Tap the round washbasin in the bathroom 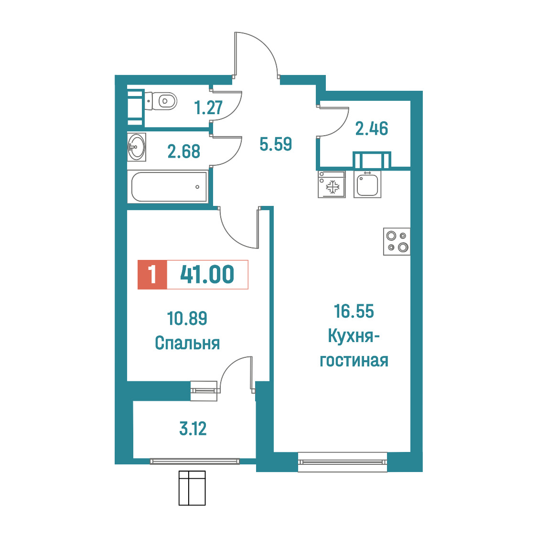[136, 147]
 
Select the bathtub [169, 187]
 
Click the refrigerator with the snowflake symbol [332, 184]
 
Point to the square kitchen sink [367, 184]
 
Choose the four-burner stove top [397, 241]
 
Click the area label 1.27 [208, 107]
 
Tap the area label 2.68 [184, 151]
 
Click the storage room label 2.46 [372, 129]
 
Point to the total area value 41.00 [207, 274]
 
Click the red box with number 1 [152, 275]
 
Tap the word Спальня [187, 343]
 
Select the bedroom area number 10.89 [187, 318]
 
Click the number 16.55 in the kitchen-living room [354, 311]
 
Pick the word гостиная [354, 361]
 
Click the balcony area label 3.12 [193, 429]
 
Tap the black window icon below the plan [192, 488]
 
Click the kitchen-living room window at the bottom [343, 462]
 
